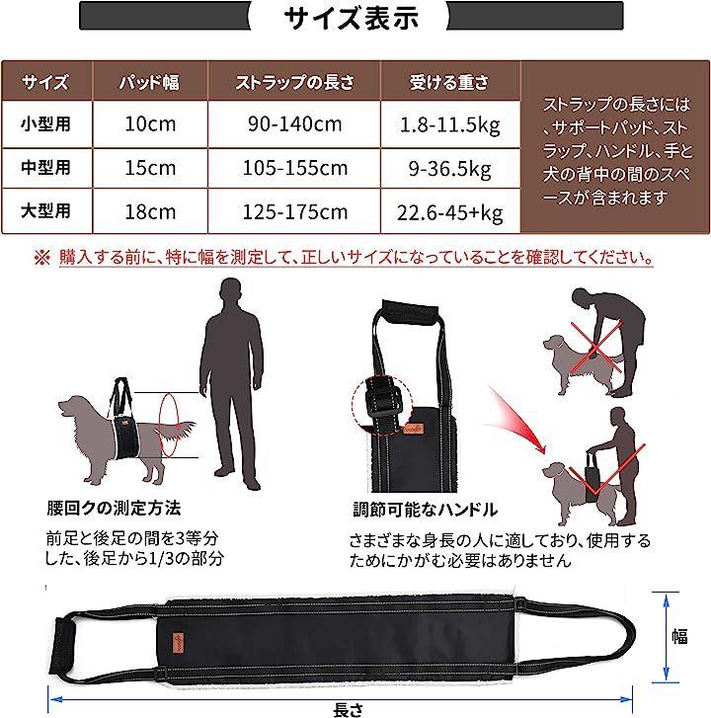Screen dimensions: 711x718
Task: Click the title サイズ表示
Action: (351, 19)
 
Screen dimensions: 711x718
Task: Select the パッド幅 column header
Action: (149, 82)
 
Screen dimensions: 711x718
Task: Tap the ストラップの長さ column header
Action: (295, 82)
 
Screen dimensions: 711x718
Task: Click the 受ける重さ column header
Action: (448, 82)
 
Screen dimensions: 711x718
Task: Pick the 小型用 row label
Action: (45, 124)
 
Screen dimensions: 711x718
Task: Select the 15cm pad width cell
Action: (150, 168)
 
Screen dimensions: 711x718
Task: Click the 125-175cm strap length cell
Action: (295, 212)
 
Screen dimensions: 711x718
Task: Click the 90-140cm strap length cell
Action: (295, 124)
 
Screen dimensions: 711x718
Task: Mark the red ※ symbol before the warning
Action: (42, 258)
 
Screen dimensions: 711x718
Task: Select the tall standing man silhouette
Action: (232, 384)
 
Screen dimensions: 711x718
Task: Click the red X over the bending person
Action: (595, 347)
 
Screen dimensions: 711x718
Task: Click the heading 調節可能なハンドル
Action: (425, 510)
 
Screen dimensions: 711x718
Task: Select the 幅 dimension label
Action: (679, 636)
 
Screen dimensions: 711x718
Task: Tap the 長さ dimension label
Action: (349, 709)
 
